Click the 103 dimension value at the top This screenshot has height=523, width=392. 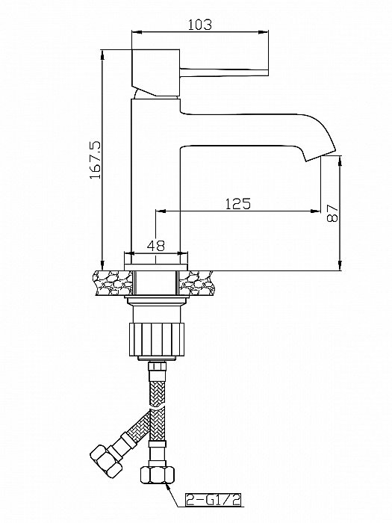point(200,25)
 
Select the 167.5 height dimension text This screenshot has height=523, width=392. point(96,159)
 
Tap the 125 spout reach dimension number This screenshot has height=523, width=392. point(238,203)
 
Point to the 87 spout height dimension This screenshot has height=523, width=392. point(333,214)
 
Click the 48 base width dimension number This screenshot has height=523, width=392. point(156,246)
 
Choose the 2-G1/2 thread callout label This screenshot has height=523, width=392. point(214,500)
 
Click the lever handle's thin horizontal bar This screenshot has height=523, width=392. point(224,72)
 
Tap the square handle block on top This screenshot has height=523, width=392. point(156,72)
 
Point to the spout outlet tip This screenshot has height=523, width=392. point(320,156)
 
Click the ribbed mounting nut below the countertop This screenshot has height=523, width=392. point(156,339)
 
